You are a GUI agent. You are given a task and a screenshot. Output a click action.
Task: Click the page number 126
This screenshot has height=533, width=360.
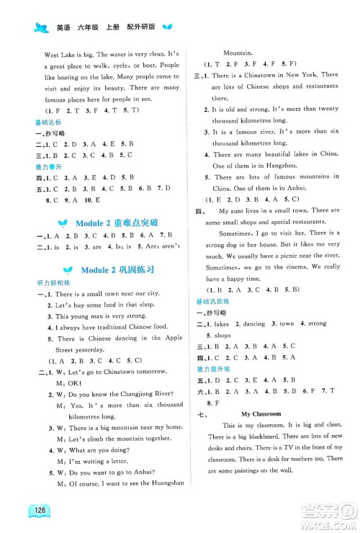(x=30, y=514)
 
